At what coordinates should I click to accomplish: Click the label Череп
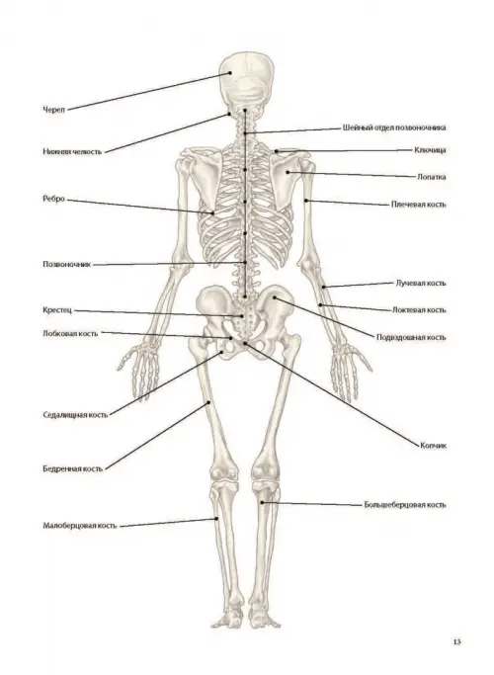[53, 110]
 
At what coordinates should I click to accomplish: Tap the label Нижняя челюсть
[72, 151]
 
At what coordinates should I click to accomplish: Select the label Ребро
[53, 199]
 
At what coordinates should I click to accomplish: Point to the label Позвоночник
[67, 264]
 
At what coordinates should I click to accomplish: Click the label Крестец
[57, 310]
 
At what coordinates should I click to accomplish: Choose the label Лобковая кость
[70, 334]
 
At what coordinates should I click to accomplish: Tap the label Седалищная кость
[75, 415]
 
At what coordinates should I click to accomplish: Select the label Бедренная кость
[73, 468]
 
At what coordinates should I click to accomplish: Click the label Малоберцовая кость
[80, 526]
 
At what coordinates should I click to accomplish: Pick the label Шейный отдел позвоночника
[394, 127]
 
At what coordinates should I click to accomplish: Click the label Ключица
[430, 150]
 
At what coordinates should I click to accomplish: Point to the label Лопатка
[431, 177]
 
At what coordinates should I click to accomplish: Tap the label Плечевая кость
[419, 205]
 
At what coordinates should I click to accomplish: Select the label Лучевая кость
[421, 284]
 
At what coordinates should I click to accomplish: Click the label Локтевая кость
[419, 310]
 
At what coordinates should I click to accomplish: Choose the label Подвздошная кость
[411, 338]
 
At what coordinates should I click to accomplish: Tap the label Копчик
[434, 446]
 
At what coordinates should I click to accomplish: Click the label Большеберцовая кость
[405, 505]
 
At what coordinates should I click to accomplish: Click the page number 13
[456, 641]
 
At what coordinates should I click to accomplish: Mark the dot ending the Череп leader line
[230, 73]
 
